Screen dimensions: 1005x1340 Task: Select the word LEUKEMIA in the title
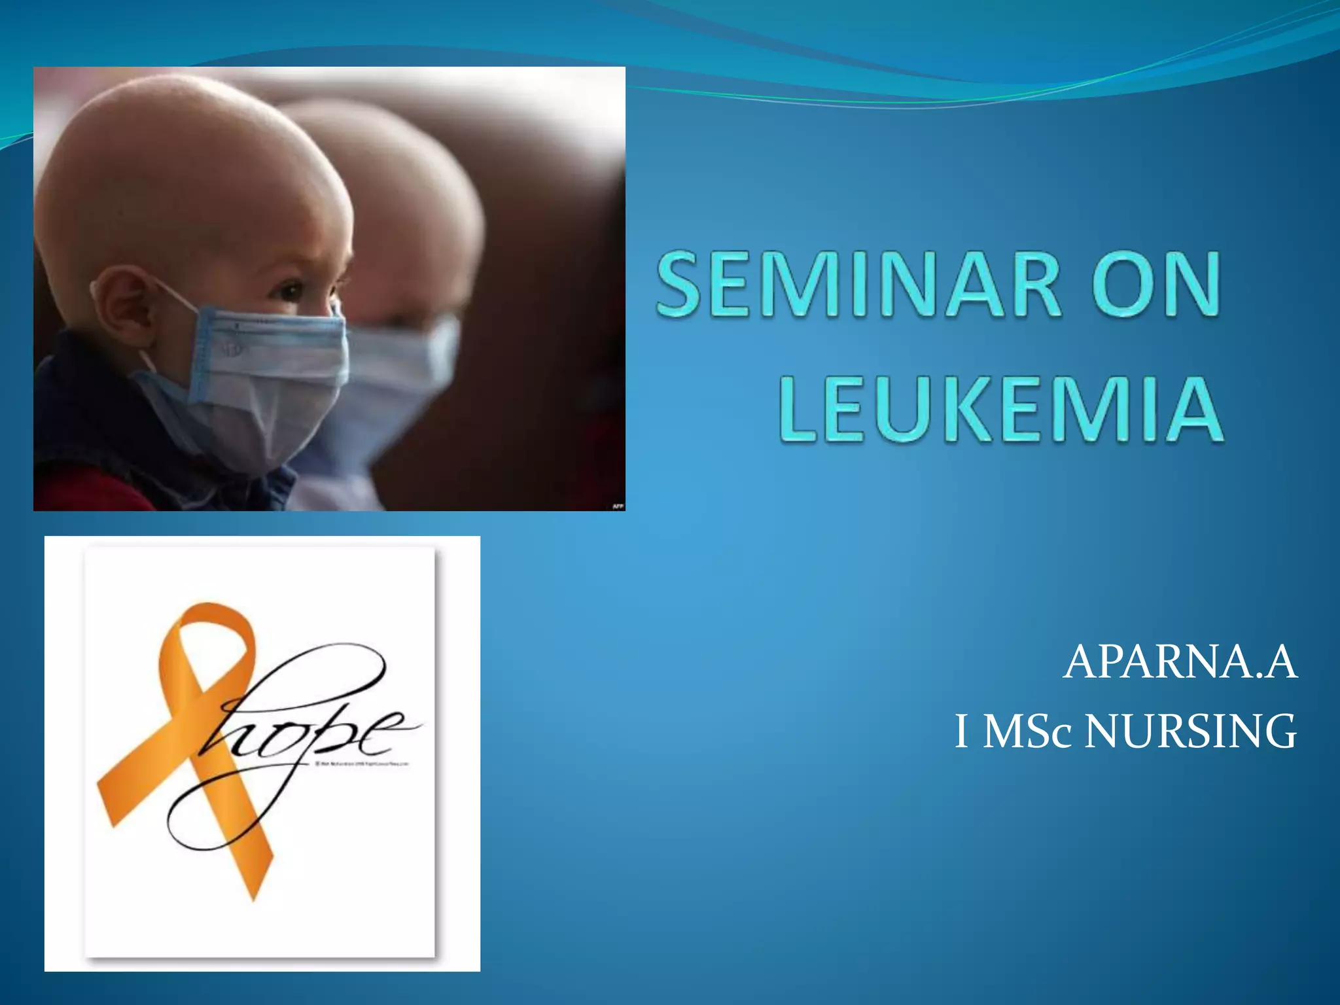pos(1001,408)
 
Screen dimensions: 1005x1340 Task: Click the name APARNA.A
pos(1180,662)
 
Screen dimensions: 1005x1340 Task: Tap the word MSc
pos(1027,731)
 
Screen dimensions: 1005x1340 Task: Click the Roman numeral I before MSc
pos(961,731)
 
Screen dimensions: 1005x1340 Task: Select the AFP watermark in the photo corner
pos(617,506)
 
